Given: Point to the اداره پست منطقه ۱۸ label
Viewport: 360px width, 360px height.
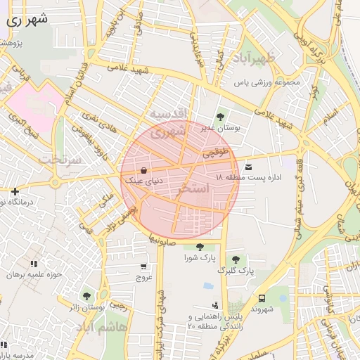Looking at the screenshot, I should [x=249, y=178].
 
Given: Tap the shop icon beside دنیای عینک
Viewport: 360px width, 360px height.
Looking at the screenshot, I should [x=144, y=170].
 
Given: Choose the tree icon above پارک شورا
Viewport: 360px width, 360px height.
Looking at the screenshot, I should [x=201, y=246].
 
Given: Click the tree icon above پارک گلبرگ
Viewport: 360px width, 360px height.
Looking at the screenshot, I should [x=236, y=259].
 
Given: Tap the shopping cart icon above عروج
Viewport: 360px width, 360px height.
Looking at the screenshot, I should [x=144, y=266].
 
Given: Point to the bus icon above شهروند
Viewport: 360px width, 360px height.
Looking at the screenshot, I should [x=262, y=298].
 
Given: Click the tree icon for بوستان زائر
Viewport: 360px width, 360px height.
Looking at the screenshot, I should [x=86, y=296].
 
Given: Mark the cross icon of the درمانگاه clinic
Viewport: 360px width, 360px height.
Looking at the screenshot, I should [x=15, y=191].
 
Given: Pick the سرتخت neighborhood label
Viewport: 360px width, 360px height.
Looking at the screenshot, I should [x=60, y=160].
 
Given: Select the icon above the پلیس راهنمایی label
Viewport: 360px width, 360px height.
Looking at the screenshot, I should [x=214, y=304].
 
